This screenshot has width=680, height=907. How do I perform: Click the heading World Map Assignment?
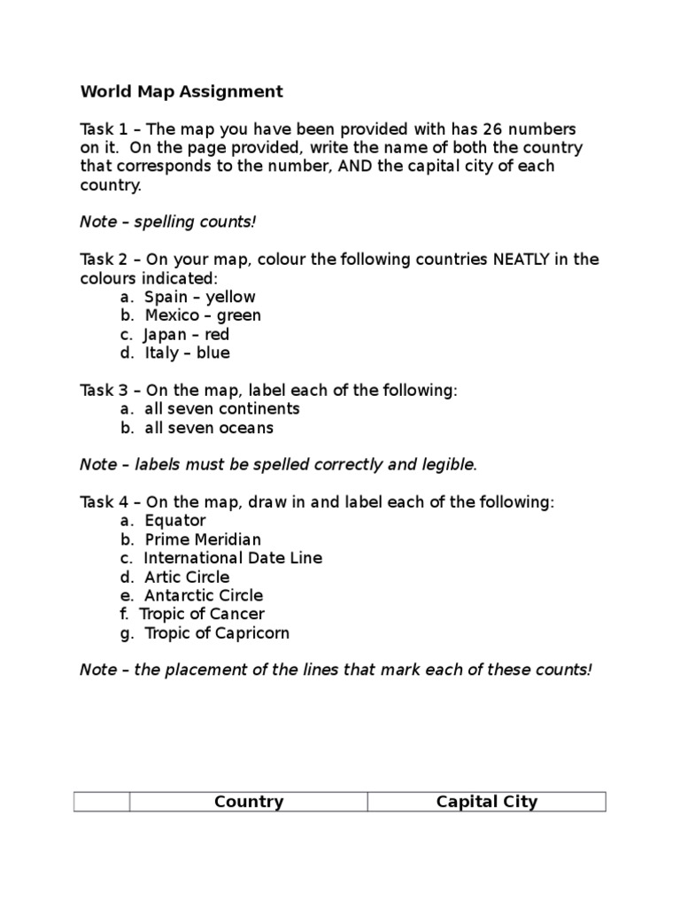pyautogui.click(x=182, y=91)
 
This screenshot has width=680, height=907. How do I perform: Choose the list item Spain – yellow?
pyautogui.click(x=200, y=297)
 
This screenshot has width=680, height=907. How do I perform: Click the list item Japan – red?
pyautogui.click(x=187, y=334)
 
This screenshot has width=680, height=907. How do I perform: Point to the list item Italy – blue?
pyautogui.click(x=187, y=353)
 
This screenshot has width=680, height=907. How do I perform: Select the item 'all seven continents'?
pyautogui.click(x=222, y=408)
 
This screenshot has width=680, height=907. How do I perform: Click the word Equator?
pyautogui.click(x=175, y=520)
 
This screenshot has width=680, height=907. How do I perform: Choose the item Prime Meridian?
pyautogui.click(x=203, y=539)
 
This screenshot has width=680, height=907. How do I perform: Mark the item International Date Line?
pyautogui.click(x=233, y=558)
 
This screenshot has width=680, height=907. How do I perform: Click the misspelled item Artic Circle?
pyautogui.click(x=187, y=577)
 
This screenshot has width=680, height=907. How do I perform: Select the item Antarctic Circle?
pyautogui.click(x=204, y=595)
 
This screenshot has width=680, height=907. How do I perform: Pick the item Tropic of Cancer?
pyautogui.click(x=205, y=614)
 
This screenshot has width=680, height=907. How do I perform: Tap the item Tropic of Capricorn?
pyautogui.click(x=217, y=633)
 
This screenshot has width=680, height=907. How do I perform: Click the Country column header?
pyautogui.click(x=249, y=802)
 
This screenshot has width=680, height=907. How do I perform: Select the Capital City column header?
pyautogui.click(x=487, y=802)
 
